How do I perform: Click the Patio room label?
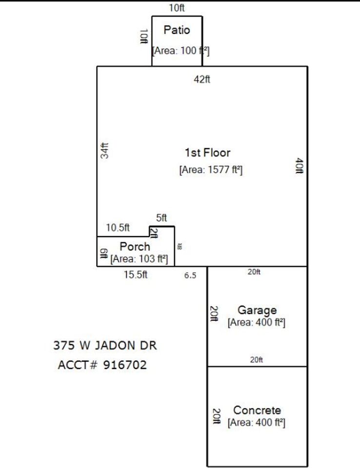tap(177, 30)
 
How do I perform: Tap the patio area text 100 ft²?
tap(181, 50)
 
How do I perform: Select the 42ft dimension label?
tap(202, 79)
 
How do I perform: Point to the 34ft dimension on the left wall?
tap(104, 150)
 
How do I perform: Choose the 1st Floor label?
tap(207, 153)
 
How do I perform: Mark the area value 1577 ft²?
tap(211, 170)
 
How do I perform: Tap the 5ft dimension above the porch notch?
tap(161, 218)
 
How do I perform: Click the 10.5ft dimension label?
tap(118, 228)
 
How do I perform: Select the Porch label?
tap(135, 247)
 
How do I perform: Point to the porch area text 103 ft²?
tap(139, 258)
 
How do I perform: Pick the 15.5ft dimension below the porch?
tap(136, 275)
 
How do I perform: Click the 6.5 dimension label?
tap(190, 275)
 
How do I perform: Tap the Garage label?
tap(257, 310)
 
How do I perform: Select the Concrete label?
tap(257, 410)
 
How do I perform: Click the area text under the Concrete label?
tap(257, 423)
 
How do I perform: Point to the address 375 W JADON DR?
tap(105, 346)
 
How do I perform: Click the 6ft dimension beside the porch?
tap(103, 253)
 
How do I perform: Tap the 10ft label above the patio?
tap(177, 8)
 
